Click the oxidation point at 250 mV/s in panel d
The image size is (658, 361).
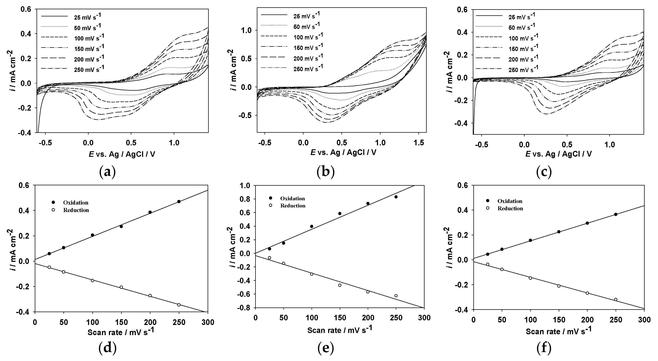[179, 202]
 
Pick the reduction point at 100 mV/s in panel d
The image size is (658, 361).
[92, 280]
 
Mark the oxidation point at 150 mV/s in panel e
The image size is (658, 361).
[340, 213]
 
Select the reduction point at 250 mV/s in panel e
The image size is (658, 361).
[396, 296]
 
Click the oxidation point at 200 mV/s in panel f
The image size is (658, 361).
[587, 223]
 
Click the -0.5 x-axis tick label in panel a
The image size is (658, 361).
[45, 143]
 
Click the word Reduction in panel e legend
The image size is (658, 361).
[293, 206]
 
